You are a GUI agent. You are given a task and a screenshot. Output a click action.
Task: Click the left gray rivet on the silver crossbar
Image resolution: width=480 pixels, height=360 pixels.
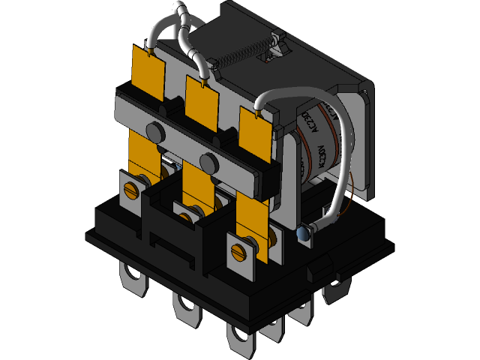(154, 132)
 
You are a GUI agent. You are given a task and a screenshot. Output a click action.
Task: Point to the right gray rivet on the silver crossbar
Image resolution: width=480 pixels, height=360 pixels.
(207, 160)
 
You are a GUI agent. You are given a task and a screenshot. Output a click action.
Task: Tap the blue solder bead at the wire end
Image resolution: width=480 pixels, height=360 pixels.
(304, 235)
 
